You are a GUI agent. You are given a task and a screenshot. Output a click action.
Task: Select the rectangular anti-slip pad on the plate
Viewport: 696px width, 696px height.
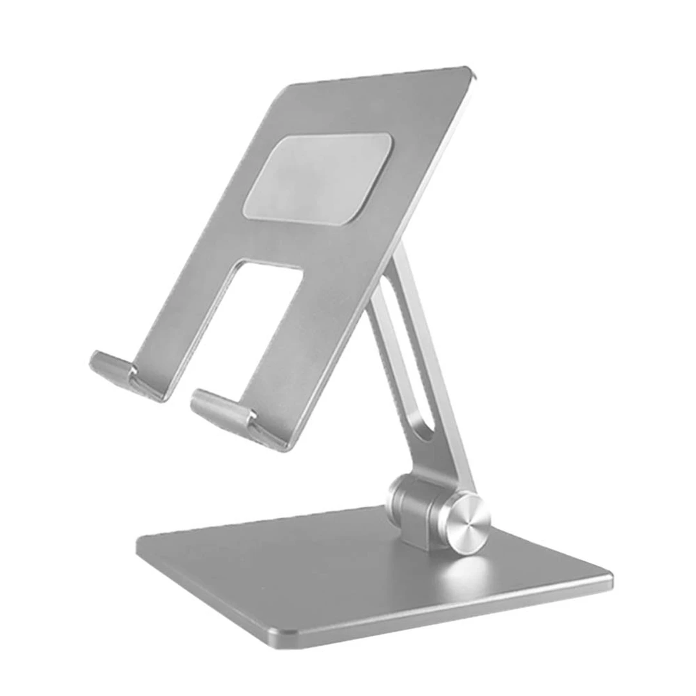pyautogui.click(x=318, y=178)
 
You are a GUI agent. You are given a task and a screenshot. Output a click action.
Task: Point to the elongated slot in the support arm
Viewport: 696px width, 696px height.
pyautogui.click(x=405, y=361)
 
